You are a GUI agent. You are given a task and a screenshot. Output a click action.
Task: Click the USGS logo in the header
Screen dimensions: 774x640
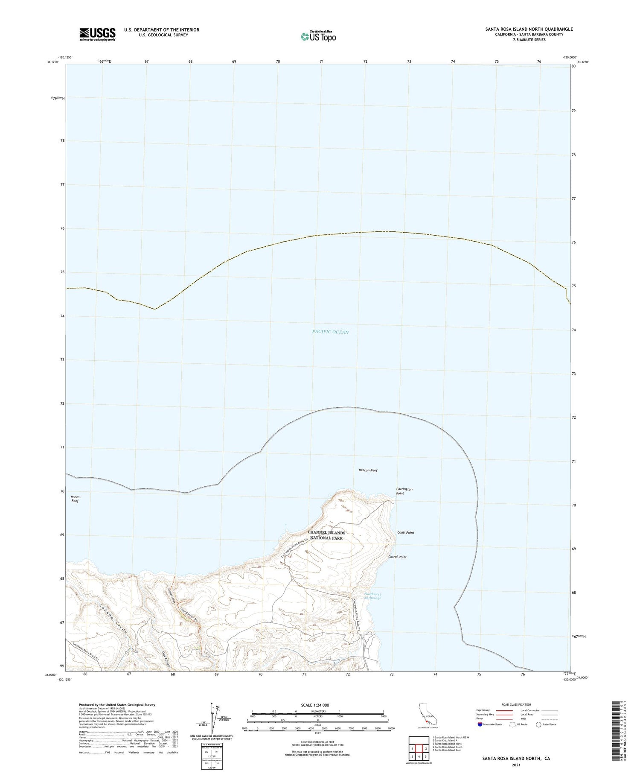pyautogui.click(x=97, y=34)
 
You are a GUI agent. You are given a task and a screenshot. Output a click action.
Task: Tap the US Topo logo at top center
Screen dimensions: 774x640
pyautogui.click(x=318, y=36)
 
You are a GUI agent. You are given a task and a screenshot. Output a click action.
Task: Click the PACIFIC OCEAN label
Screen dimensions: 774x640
pyautogui.click(x=330, y=332)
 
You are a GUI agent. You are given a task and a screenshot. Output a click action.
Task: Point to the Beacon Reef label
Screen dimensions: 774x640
pyautogui.click(x=368, y=470)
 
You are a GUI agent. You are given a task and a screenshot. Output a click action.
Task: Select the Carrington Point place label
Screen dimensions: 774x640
pyautogui.click(x=404, y=491)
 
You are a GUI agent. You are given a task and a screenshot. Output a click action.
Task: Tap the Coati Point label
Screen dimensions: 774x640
pyautogui.click(x=405, y=532)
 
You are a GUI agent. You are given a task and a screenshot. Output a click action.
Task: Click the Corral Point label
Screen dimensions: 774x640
pyautogui.click(x=397, y=557)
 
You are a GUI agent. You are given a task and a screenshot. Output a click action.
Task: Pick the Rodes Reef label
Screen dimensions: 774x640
pyautogui.click(x=75, y=499)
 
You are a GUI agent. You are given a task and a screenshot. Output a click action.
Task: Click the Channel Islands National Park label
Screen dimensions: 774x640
pyautogui.click(x=326, y=535)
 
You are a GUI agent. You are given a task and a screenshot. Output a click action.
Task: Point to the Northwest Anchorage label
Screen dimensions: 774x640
pyautogui.click(x=372, y=596)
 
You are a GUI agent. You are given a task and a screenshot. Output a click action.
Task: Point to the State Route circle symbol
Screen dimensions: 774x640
pyautogui.click(x=538, y=724)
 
